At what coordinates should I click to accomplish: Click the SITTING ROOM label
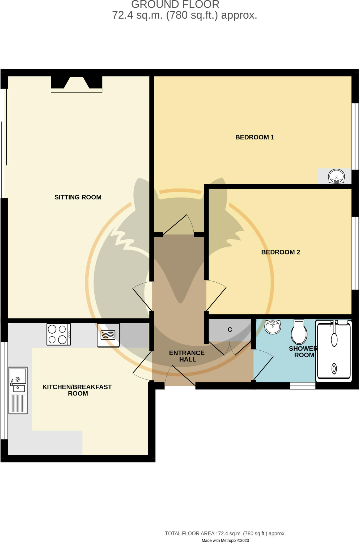(78, 197)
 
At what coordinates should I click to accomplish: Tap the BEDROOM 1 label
(255, 137)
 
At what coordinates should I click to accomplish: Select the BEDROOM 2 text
(281, 252)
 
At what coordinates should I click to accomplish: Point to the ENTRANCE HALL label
(187, 356)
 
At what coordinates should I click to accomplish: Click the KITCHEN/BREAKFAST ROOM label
(77, 390)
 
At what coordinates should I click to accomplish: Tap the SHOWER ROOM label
(303, 352)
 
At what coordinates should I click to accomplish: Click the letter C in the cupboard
(230, 330)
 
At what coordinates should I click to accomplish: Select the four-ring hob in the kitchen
(59, 334)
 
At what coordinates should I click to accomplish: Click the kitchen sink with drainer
(18, 390)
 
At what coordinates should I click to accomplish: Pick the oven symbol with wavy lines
(108, 335)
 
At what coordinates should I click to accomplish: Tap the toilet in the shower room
(299, 332)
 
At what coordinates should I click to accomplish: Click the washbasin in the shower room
(273, 326)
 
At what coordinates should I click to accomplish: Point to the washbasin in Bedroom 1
(336, 176)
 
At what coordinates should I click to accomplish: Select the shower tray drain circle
(334, 369)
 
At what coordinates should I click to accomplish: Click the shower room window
(303, 386)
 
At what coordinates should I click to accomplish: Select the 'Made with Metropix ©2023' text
(225, 540)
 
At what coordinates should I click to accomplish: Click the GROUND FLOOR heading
(175, 5)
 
